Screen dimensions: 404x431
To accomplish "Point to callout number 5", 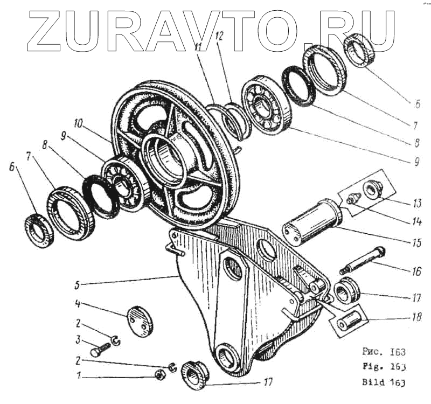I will coord(79,283).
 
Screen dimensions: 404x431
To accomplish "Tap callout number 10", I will coord(79,124).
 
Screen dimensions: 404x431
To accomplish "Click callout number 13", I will coord(416,204).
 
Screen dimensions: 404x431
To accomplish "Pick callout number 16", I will coord(416,271).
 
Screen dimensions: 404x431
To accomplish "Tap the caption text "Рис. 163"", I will coord(382,353).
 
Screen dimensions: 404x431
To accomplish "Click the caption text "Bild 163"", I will coord(382,384).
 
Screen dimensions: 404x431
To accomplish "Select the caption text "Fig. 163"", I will coord(382,368).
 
